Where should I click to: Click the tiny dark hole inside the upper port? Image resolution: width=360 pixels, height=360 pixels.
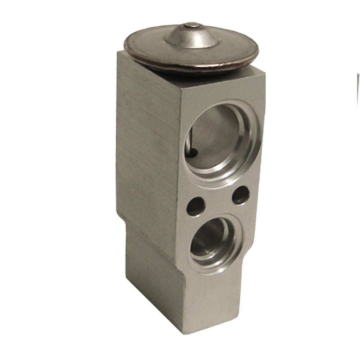tap(194, 153)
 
